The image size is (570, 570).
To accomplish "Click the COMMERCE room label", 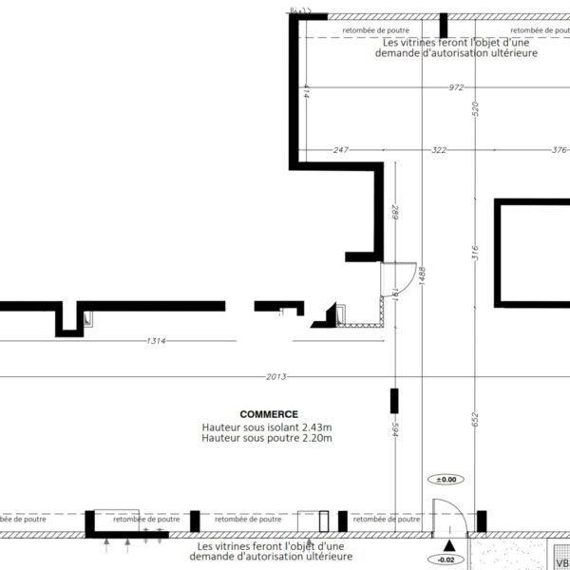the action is coord(269,414).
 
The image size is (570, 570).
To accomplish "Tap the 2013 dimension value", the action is coord(276,377).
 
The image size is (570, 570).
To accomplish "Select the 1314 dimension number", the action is coord(157,341).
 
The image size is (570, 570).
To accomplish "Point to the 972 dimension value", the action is coord(456,87).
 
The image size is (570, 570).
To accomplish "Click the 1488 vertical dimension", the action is coord(422,276).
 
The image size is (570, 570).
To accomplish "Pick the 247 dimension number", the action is coord(341,150).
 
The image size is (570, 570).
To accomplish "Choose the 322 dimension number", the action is coord(439,150).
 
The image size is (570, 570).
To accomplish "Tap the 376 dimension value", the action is coord(560,150).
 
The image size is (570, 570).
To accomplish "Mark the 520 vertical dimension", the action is coord(476,109).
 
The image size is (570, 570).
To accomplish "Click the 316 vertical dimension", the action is coord(476,253).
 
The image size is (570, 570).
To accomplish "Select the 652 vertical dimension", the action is coord(476,420).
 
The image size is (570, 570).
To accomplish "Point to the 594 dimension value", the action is coord(396,429).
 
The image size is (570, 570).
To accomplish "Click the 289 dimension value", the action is coord(396,213).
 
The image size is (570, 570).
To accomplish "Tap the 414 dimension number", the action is coord(306,91).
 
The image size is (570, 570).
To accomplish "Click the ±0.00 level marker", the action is coord(446,480).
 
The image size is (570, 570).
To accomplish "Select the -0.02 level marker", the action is coord(446,560).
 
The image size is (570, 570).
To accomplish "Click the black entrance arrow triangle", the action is coord(449,545).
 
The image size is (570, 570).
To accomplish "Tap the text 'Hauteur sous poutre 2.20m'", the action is coord(267,438).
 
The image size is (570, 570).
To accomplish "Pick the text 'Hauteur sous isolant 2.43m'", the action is coord(267,427).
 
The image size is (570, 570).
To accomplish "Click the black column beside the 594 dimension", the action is coord(394,401).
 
